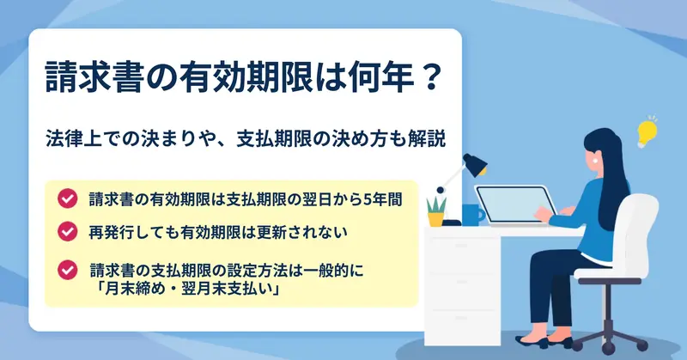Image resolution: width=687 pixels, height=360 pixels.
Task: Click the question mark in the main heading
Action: click(x=427, y=77)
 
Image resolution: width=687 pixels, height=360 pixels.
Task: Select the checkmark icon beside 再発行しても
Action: click(x=68, y=231)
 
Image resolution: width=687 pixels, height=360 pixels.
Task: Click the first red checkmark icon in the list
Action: click(x=68, y=198)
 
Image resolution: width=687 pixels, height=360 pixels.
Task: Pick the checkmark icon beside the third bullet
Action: click(x=68, y=270)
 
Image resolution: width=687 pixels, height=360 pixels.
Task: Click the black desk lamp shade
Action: click(x=476, y=165)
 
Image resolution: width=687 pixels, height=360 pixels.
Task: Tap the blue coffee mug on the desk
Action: click(x=472, y=215)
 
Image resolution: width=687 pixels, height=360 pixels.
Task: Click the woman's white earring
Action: click(x=596, y=160)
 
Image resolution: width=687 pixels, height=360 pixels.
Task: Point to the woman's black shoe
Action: click(x=531, y=341)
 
